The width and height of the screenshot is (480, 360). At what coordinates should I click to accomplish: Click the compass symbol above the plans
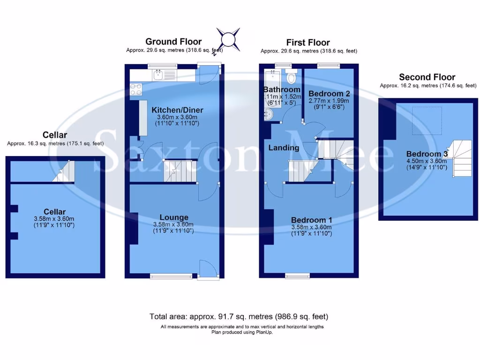tap(228, 39)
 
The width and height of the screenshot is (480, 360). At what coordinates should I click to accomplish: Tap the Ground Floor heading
tap(173, 42)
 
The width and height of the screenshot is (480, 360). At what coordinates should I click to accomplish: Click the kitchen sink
tap(159, 74)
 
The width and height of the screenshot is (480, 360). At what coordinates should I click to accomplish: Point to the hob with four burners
tap(136, 89)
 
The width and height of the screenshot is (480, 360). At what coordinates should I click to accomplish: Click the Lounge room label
tap(173, 217)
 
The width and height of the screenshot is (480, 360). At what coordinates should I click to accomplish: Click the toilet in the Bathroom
tap(292, 77)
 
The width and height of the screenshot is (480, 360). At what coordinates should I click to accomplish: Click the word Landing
tap(284, 148)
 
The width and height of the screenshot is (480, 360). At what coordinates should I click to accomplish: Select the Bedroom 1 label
tap(311, 220)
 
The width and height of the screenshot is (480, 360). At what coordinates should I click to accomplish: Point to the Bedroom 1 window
tap(297, 275)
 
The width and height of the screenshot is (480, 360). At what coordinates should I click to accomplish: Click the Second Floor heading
tap(427, 77)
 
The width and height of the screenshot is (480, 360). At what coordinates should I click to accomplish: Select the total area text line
tap(242, 316)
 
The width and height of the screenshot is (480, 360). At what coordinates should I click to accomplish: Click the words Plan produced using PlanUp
tap(242, 332)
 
